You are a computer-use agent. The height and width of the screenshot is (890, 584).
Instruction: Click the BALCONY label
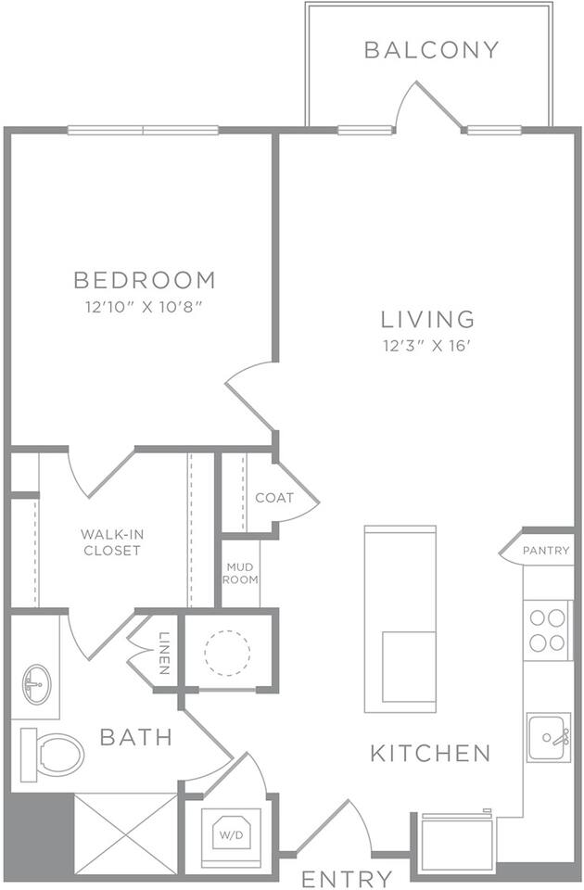(431, 50)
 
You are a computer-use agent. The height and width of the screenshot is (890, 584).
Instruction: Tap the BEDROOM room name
(146, 280)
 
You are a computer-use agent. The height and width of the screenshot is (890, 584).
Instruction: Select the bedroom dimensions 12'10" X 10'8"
(145, 308)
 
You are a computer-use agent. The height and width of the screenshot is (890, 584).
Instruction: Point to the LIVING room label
(427, 319)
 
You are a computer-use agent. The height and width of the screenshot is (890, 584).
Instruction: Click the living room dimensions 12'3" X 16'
(427, 346)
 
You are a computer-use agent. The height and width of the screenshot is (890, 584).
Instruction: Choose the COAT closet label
(274, 498)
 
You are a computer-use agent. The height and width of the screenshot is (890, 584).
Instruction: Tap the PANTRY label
(546, 550)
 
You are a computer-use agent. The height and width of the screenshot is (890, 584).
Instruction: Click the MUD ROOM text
(240, 573)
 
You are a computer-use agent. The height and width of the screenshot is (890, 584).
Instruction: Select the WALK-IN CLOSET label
(112, 542)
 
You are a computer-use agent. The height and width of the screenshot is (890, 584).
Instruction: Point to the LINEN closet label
(164, 653)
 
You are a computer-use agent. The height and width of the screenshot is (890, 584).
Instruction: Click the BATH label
(136, 737)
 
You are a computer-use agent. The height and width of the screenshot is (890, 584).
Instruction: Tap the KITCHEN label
(430, 753)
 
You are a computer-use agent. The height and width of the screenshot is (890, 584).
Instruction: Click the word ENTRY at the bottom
(347, 879)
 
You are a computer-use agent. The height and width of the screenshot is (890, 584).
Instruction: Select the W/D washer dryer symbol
(231, 834)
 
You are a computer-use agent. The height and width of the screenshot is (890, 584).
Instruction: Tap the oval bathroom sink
(37, 684)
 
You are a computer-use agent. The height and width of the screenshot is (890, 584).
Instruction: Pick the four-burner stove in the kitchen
(547, 630)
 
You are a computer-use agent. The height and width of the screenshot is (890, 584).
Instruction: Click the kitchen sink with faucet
(548, 737)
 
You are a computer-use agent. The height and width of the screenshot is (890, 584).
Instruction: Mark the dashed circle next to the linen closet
(227, 653)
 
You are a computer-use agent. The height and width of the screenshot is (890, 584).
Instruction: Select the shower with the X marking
(126, 833)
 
